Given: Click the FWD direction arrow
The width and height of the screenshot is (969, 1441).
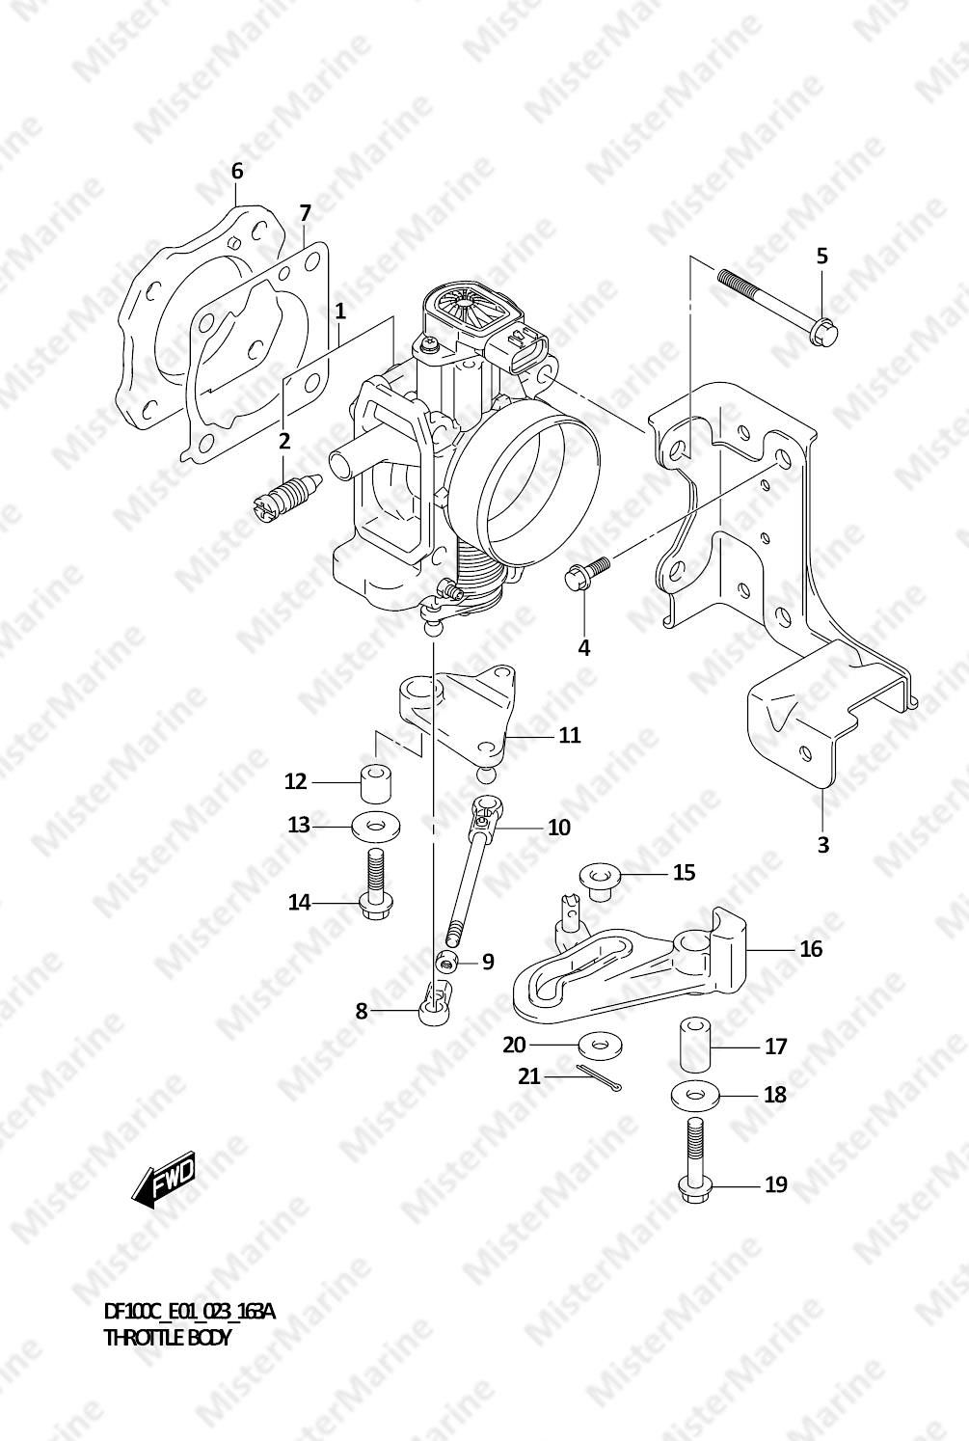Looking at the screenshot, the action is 162,1179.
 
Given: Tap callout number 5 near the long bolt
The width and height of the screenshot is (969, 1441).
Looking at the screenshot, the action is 821,257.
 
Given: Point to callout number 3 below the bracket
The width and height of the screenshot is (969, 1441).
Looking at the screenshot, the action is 823,844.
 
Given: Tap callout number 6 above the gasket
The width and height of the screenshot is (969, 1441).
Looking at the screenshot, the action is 237,171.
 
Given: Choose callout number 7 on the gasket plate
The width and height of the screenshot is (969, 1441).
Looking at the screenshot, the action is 305,213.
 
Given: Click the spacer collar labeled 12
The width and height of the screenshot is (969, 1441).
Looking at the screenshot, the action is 376,783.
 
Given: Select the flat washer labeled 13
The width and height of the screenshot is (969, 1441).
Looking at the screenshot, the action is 376,827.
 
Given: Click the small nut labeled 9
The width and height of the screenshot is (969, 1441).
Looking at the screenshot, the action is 447,963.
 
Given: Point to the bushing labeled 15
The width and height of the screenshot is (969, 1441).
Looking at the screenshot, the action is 600,882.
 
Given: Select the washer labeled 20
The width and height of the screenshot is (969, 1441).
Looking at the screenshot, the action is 600,1045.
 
